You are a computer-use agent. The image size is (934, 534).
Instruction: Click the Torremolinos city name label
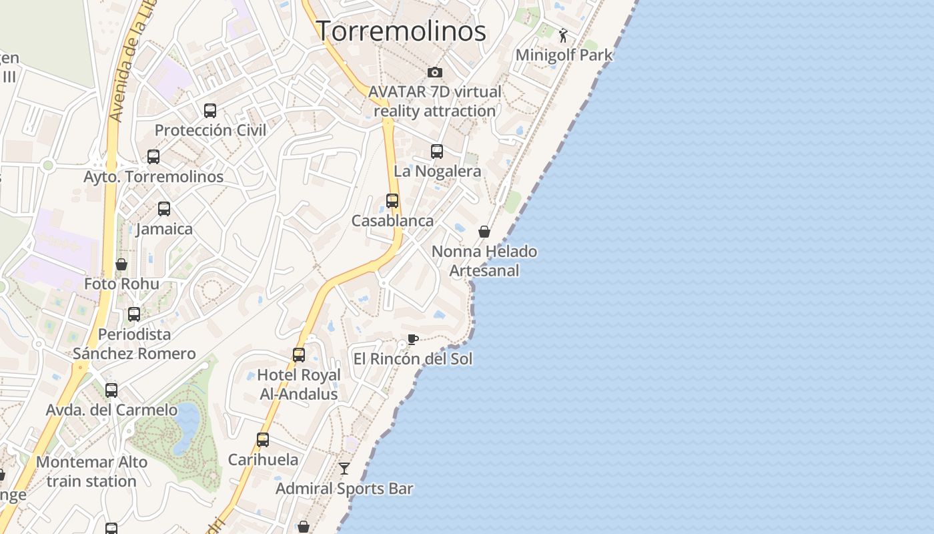(x=401, y=31)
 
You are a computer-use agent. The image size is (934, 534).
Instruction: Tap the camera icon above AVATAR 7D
(x=435, y=72)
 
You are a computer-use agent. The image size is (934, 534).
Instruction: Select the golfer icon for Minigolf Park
(x=564, y=35)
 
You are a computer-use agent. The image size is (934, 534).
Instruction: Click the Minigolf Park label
(x=564, y=55)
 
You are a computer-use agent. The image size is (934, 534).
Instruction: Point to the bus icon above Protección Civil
(x=210, y=111)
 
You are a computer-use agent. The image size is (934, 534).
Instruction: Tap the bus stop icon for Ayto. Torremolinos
(x=153, y=157)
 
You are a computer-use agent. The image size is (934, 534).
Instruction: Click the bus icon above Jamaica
(x=164, y=209)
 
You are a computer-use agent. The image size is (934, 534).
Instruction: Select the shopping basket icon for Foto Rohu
(x=121, y=264)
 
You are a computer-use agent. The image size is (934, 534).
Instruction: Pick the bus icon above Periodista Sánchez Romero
(x=134, y=314)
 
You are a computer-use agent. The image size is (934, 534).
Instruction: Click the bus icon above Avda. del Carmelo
(x=111, y=390)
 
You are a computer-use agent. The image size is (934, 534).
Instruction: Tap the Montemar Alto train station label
(x=91, y=471)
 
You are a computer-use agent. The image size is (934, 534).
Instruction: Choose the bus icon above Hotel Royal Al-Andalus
(x=299, y=355)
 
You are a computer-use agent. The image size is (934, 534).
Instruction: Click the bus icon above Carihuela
(x=263, y=440)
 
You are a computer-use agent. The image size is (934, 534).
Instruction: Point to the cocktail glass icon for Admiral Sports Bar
(x=344, y=469)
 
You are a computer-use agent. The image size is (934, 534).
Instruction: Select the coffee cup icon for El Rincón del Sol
(x=413, y=339)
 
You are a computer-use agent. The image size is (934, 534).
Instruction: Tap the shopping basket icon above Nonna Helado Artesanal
(x=484, y=232)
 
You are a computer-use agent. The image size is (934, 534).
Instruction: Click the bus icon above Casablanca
(x=392, y=201)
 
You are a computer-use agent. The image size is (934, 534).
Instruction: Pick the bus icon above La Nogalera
(x=437, y=152)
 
